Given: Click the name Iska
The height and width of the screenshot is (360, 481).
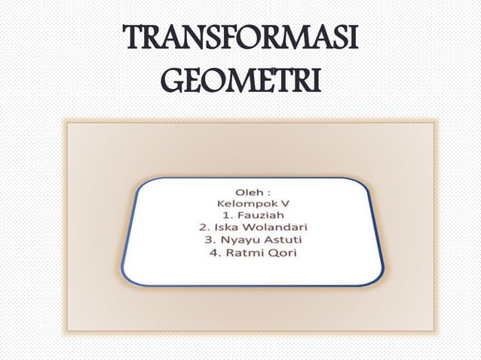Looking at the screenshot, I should pyautogui.click(x=224, y=226).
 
